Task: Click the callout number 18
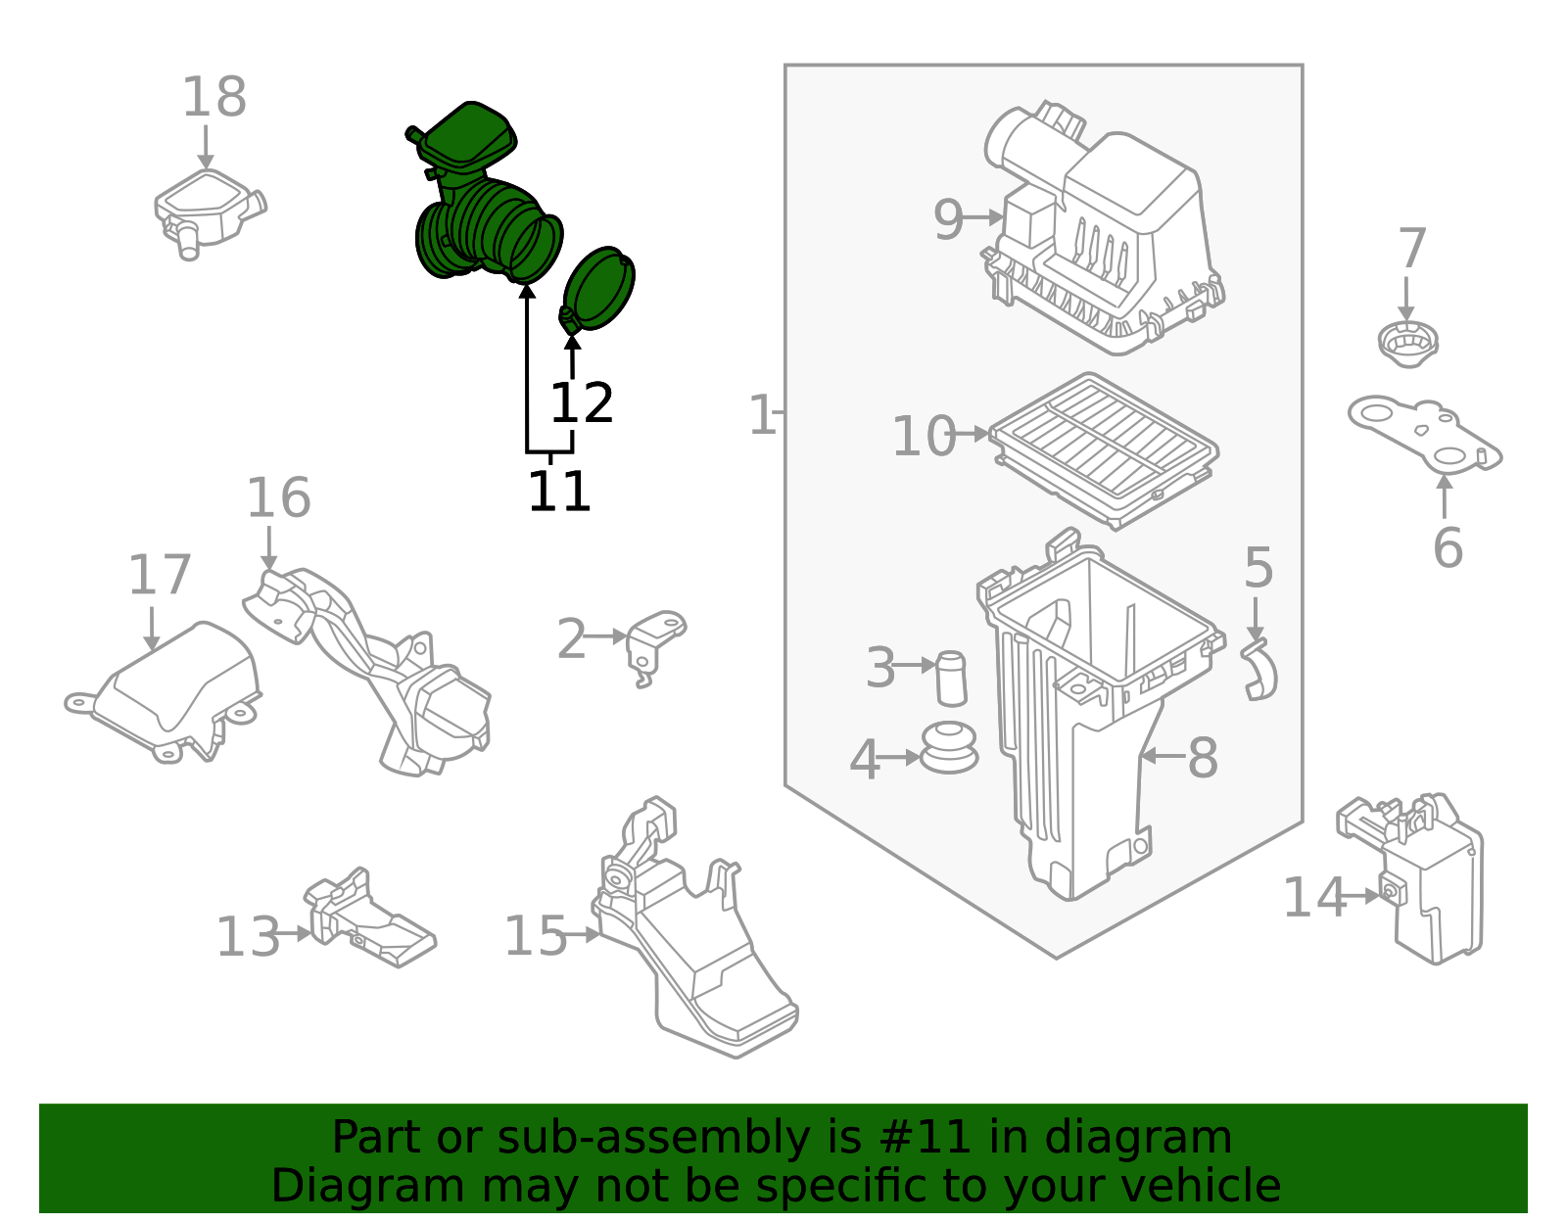[214, 98]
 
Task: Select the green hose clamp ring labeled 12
[600, 289]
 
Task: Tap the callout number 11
[559, 492]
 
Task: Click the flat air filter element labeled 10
[1105, 447]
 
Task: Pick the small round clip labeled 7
[1407, 344]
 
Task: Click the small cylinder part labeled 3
[951, 677]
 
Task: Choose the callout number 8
[1203, 758]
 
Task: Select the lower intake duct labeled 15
[695, 940]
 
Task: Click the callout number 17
[159, 576]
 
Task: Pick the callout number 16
[278, 498]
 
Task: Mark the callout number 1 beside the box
[761, 415]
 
